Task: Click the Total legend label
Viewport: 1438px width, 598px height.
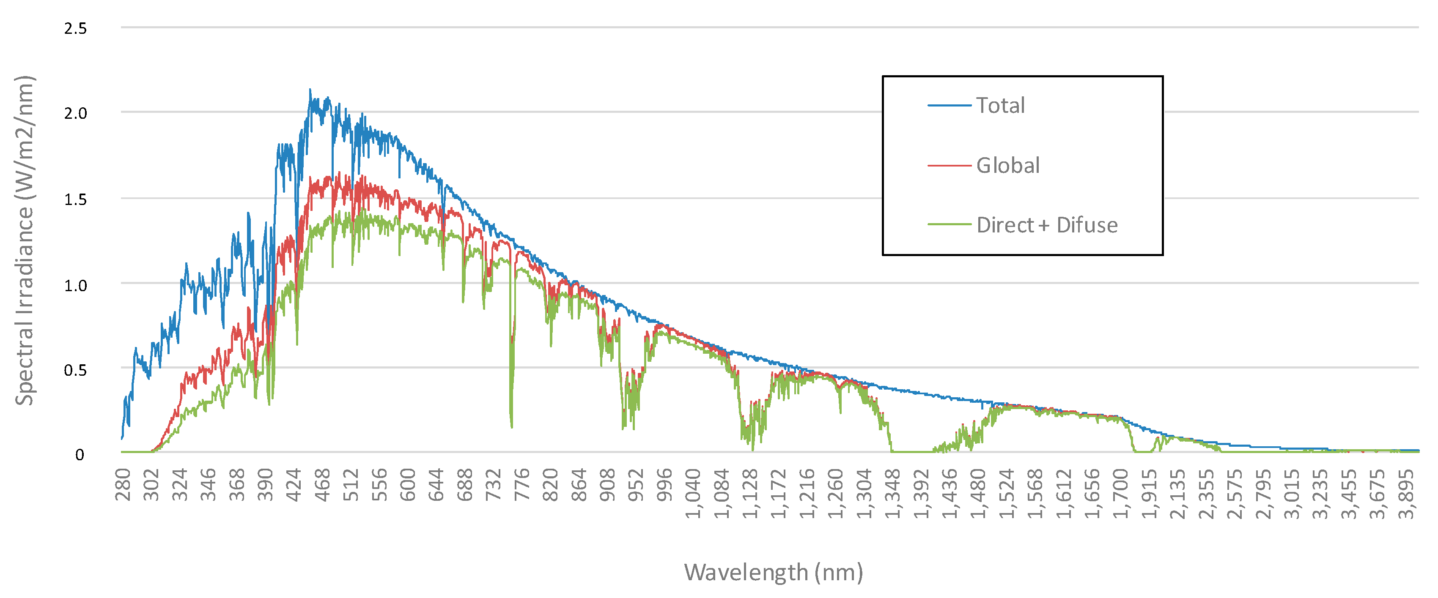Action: (1000, 105)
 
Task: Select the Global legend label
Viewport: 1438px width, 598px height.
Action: (1007, 166)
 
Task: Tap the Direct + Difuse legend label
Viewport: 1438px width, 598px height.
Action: (1047, 225)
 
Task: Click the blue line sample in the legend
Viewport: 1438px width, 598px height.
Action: (949, 105)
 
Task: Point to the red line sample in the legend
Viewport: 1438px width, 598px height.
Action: (949, 166)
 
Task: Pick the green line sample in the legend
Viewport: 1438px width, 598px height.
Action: (949, 225)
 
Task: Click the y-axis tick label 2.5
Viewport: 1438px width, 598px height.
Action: (75, 28)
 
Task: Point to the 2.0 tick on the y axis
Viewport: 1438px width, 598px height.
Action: (75, 113)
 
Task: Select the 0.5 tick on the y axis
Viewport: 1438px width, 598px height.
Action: (75, 370)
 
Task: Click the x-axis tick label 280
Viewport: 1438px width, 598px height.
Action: (123, 485)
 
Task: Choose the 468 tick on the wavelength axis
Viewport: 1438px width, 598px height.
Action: (323, 485)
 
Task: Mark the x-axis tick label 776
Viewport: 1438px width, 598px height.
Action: (522, 485)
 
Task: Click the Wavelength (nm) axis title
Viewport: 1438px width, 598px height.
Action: (773, 572)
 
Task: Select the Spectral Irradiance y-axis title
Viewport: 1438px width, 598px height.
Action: (25, 240)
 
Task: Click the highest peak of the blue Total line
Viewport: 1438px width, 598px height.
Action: (310, 89)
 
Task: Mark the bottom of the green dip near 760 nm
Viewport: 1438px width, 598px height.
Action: (511, 427)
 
